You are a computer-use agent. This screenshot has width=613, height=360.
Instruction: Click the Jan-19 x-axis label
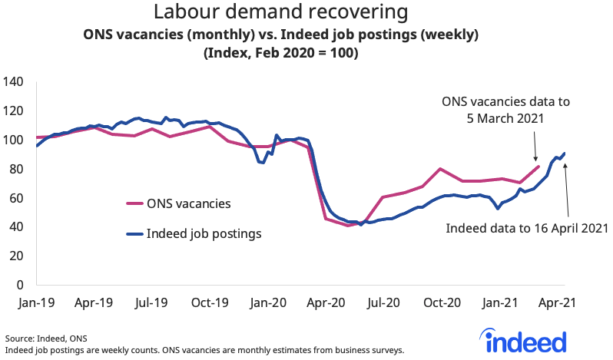[35, 302]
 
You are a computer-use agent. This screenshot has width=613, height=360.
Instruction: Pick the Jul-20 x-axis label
[383, 302]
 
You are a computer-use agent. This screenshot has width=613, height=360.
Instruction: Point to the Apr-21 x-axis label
[557, 302]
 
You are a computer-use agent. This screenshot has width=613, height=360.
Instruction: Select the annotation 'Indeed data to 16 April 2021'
[527, 228]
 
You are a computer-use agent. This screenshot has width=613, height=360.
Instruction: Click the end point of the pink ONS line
[538, 166]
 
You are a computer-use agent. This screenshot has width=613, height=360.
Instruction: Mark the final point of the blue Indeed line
[565, 154]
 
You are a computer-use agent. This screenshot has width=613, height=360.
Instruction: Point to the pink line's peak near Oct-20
[440, 168]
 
